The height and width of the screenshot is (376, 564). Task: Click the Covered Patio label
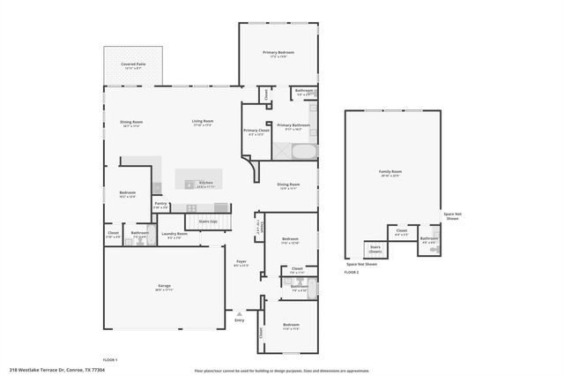133,65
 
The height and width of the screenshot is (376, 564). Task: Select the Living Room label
204,123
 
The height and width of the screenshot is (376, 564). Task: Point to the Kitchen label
206,184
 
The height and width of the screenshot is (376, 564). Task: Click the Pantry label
160,205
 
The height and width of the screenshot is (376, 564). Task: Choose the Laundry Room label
174,235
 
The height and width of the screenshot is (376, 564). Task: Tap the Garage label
164,288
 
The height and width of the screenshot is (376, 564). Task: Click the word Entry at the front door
240,320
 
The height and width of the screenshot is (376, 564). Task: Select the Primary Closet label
256,132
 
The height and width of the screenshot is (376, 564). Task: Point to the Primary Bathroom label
293,126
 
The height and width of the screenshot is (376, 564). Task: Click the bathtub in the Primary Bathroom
304,152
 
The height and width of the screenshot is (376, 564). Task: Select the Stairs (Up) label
208,222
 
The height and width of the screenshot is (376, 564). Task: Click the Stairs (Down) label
375,248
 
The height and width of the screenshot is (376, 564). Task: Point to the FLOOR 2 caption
352,273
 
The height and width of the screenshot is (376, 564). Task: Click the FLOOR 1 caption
110,360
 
